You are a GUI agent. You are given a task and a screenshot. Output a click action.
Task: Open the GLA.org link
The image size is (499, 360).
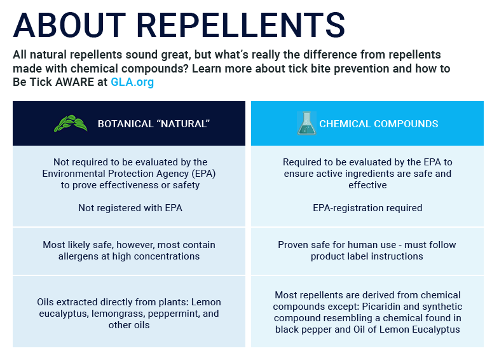(x=132, y=82)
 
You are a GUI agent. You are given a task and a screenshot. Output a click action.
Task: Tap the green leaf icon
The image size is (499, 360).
(x=71, y=123)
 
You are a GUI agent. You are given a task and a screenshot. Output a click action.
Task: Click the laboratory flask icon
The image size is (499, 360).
(x=306, y=123)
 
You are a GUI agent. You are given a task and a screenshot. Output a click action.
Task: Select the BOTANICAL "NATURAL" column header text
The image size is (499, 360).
(x=153, y=124)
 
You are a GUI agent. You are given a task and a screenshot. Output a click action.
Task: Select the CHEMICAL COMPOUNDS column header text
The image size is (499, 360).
(x=378, y=124)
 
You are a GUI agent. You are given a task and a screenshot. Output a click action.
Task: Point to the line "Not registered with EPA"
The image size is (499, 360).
(x=130, y=208)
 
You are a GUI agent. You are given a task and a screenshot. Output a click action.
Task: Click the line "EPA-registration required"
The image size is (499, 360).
(x=367, y=208)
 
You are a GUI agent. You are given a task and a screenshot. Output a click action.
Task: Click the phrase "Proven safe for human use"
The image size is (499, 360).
(x=328, y=245)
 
